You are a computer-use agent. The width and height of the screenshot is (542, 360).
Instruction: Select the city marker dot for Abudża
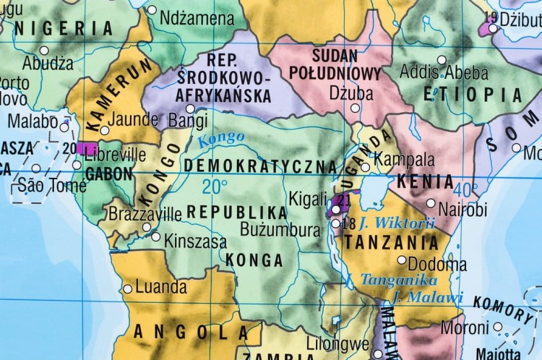coord(44,51)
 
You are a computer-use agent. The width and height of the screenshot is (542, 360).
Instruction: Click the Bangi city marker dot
coord(191,108)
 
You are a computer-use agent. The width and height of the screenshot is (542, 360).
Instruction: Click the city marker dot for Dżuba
coord(355,108)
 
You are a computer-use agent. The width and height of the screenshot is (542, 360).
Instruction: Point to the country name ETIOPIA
coord(473,95)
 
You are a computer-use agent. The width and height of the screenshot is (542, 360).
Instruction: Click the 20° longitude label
coord(215,187)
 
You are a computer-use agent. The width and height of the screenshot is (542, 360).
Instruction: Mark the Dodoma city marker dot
coord(402,260)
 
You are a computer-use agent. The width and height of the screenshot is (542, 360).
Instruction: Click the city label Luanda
coord(161,287)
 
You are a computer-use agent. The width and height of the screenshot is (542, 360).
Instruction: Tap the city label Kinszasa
coord(195,241)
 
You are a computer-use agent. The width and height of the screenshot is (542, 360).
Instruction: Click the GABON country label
coord(108,173)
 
